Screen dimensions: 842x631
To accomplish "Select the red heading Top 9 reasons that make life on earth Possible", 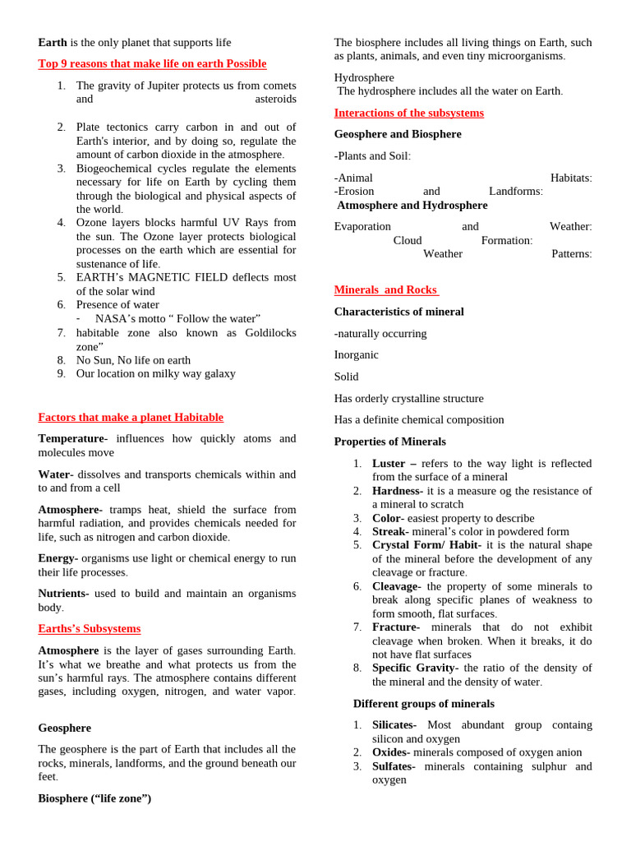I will [152, 63].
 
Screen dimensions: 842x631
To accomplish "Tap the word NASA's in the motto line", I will [115, 318].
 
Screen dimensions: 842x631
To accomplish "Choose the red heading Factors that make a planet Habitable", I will [131, 417].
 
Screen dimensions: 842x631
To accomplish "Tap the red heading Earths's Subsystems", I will [89, 628].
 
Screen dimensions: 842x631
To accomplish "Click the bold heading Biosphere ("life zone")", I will [94, 798].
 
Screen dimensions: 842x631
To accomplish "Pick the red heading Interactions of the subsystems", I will [408, 113].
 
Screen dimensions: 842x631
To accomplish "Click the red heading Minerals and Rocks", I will [386, 289].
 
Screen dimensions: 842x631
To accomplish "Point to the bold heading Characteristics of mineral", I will [398, 312].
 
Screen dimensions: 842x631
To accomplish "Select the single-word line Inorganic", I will [356, 354].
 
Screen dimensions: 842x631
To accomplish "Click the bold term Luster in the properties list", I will [389, 463].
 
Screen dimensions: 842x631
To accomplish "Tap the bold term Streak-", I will [390, 531].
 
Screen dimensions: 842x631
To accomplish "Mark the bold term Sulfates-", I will [394, 766].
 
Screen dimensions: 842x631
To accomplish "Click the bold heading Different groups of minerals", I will [423, 703].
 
